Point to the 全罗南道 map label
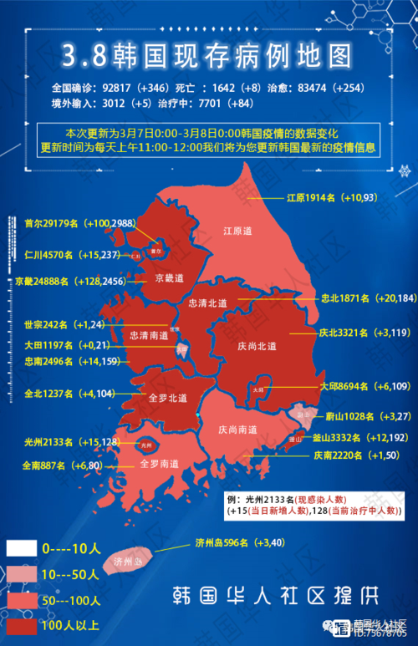159,462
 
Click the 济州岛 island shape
126,561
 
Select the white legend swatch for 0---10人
21,549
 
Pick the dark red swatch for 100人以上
21,624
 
